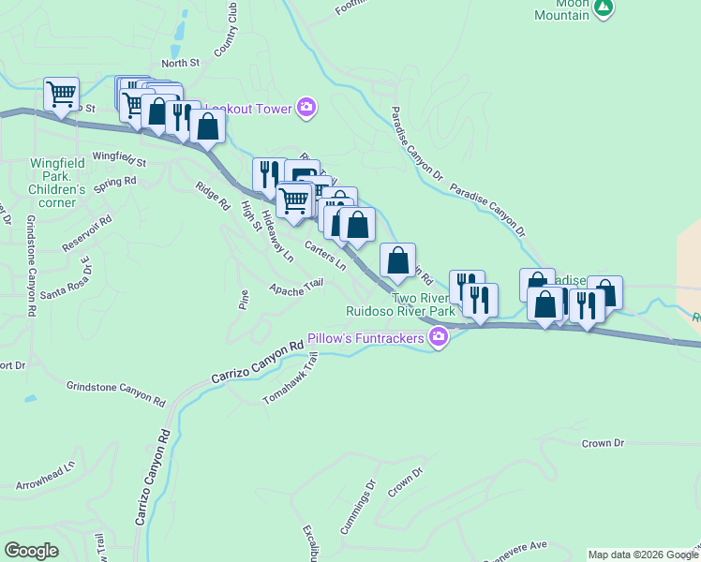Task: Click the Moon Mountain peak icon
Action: click(604, 8)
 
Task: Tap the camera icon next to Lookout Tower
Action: click(306, 109)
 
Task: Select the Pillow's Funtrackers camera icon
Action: click(438, 337)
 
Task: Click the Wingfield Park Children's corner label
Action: click(57, 176)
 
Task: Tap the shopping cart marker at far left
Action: click(61, 95)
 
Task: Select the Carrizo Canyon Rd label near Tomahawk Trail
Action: click(257, 361)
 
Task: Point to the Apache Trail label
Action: click(296, 288)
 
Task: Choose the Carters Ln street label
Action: click(324, 258)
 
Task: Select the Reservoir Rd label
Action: click(87, 233)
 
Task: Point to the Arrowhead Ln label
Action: click(45, 476)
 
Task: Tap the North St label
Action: click(181, 63)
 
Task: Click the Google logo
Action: click(31, 551)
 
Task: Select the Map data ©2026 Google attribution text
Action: click(642, 555)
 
